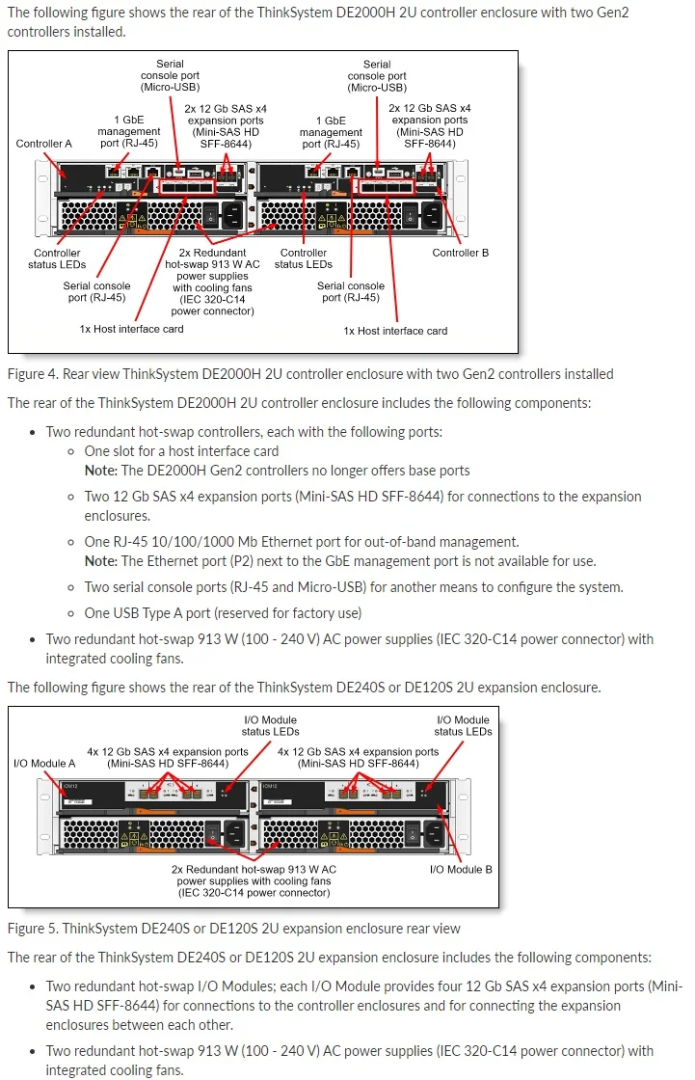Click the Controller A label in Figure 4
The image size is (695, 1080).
(43, 144)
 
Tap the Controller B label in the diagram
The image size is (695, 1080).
(460, 253)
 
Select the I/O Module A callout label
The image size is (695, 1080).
(44, 763)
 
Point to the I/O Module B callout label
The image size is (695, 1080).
(461, 869)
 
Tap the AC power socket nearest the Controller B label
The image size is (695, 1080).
(427, 214)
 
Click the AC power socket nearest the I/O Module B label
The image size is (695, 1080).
(427, 834)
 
